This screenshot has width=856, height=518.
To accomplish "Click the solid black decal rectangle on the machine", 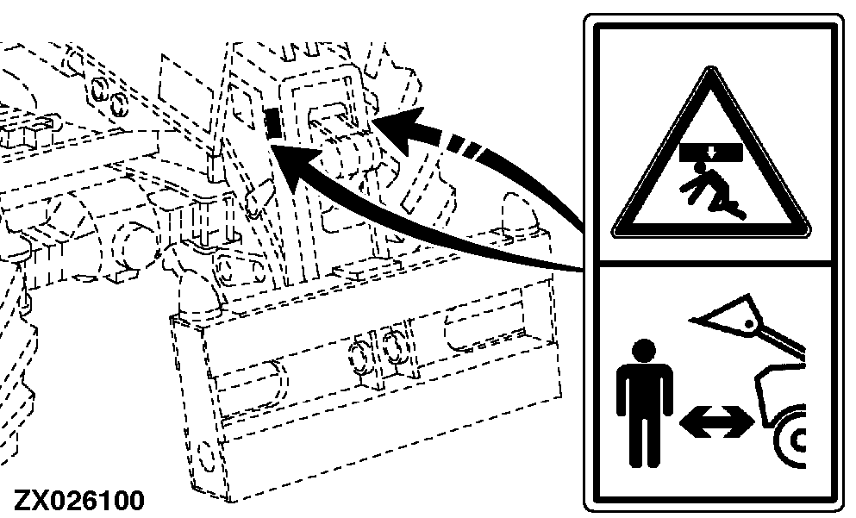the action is (272, 122).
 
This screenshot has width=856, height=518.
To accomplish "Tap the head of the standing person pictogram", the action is (645, 352).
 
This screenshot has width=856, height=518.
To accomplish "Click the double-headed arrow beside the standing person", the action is (717, 422).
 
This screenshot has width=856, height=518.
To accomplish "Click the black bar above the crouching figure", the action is (711, 153).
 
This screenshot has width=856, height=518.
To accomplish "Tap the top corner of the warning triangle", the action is (710, 68).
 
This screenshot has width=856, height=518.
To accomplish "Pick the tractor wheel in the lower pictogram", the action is (790, 437).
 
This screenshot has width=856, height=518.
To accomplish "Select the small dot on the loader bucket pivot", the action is (750, 324).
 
